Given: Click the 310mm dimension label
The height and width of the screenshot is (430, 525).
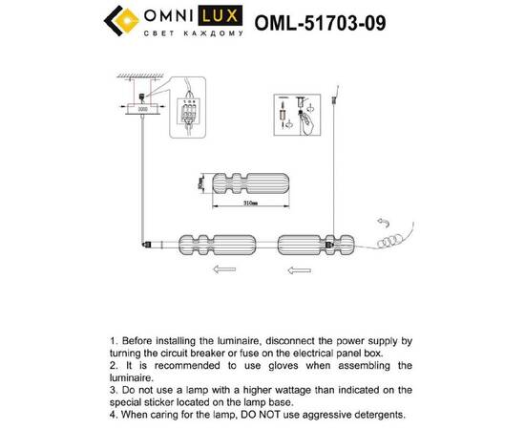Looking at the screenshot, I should pyautogui.click(x=252, y=204).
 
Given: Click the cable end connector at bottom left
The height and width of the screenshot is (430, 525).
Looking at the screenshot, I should pyautogui.click(x=152, y=245).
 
